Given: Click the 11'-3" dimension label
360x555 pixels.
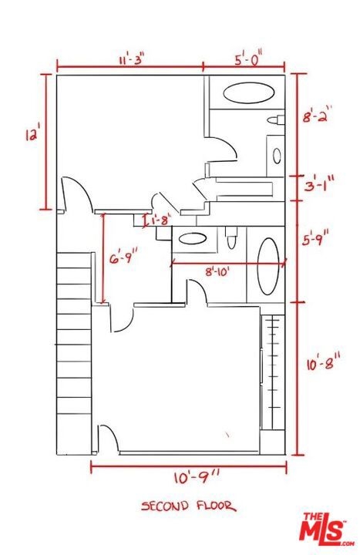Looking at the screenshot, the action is coord(131,59).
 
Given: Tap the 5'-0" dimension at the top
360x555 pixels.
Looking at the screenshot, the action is coord(249,58).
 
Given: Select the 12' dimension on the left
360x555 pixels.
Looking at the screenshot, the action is coord(31,134).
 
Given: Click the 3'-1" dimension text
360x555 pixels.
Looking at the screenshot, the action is coord(318,183).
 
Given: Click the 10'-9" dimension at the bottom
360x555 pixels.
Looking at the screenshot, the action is coord(197,477).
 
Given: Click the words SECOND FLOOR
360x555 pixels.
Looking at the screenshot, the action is coord(188,506).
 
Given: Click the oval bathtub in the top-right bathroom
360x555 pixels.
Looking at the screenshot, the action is coord(249,92).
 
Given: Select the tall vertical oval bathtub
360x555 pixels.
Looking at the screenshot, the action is coord(268,267).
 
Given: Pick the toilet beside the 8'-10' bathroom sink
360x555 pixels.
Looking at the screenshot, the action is coord(231,238).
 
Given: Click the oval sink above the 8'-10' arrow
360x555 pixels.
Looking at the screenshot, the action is coord(193,238).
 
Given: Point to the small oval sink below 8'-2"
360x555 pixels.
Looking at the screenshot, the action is coord(277,156).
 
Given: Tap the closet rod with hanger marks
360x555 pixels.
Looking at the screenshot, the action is coord(273,372).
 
